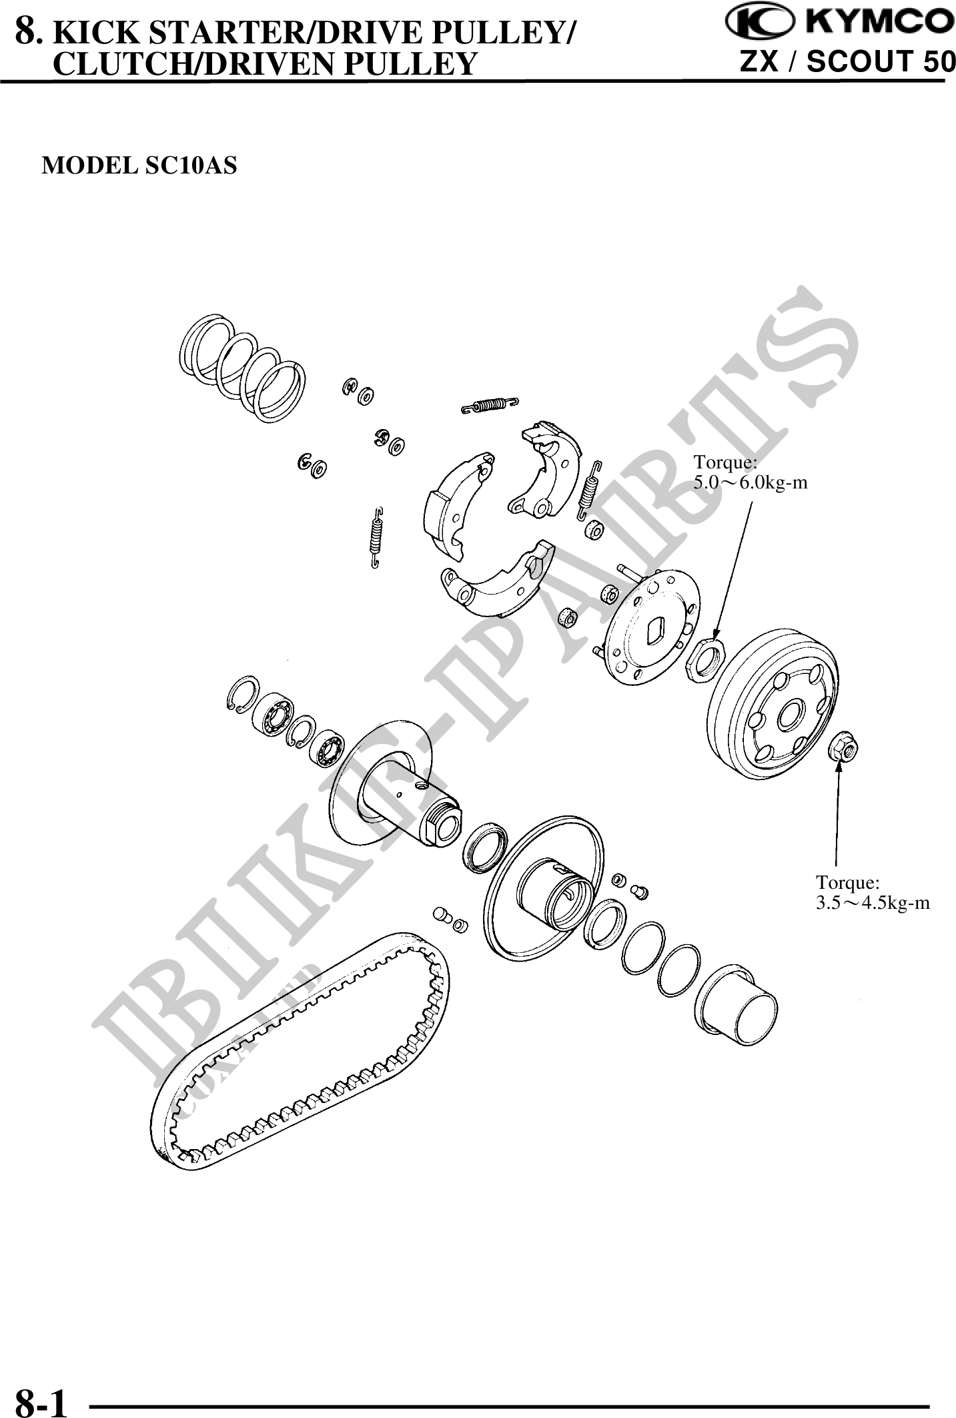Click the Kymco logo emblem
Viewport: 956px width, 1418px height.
pyautogui.click(x=760, y=23)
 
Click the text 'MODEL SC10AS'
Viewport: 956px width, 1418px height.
pyautogui.click(x=139, y=165)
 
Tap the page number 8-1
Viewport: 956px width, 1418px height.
pyautogui.click(x=41, y=1399)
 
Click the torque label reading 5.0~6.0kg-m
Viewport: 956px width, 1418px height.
pyautogui.click(x=751, y=482)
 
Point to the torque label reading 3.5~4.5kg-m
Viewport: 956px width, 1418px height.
pyautogui.click(x=873, y=904)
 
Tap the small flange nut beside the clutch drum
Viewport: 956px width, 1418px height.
pyautogui.click(x=843, y=749)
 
